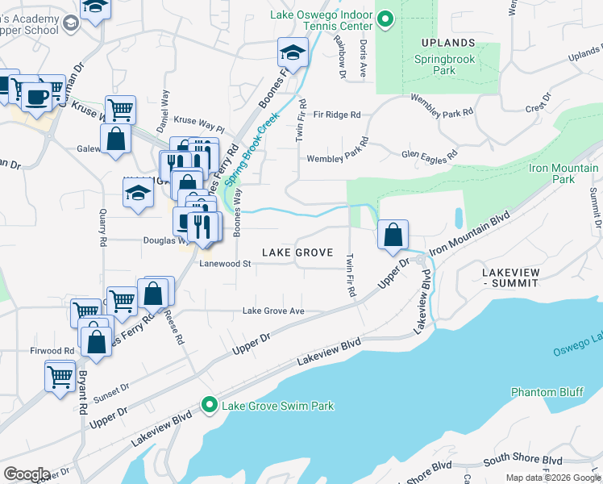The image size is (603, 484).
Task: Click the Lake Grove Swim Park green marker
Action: pyautogui.click(x=210, y=405)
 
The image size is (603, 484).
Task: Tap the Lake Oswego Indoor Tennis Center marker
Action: pyautogui.click(x=385, y=19)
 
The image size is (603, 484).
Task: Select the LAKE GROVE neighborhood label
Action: pyautogui.click(x=297, y=252)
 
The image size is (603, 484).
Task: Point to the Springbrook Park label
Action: pyautogui.click(x=446, y=65)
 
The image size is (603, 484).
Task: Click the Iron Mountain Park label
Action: pyautogui.click(x=563, y=173)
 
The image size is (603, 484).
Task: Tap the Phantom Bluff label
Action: pyautogui.click(x=546, y=392)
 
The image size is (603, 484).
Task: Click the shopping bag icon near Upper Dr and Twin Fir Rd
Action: pyautogui.click(x=393, y=236)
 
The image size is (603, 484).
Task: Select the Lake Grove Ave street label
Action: pyautogui.click(x=273, y=311)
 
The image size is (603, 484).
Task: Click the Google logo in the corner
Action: pyautogui.click(x=26, y=474)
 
